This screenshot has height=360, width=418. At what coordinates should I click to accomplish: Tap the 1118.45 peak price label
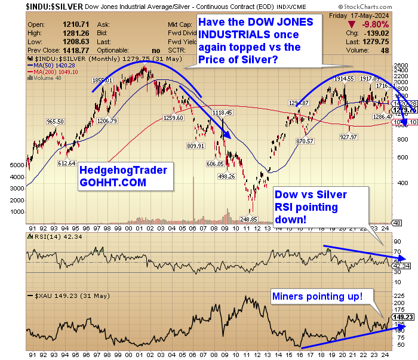pyautogui.click(x=222, y=112)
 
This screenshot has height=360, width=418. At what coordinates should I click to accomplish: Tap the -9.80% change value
pyautogui.click(x=392, y=24)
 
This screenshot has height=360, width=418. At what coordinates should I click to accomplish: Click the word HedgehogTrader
pyautogui.click(x=123, y=170)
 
